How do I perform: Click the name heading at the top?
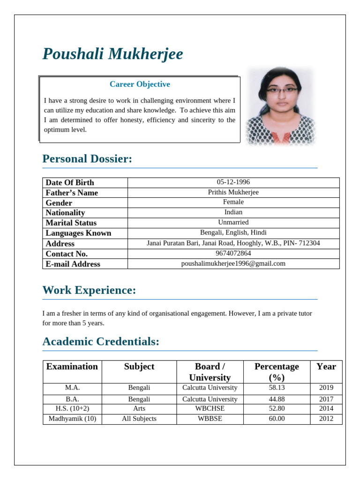(x=112, y=54)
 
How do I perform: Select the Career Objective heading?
(x=140, y=84)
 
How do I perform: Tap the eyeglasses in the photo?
(x=281, y=89)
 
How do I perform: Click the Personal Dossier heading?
(x=87, y=159)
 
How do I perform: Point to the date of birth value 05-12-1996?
(x=233, y=182)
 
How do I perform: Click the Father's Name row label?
(x=72, y=193)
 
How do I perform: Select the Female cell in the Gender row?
(x=233, y=202)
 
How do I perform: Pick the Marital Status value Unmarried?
(x=233, y=222)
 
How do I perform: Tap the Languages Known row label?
(x=78, y=233)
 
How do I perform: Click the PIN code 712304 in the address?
(x=309, y=243)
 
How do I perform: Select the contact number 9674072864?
(x=233, y=254)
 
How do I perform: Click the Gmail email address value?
(x=233, y=263)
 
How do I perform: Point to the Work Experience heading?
(x=89, y=291)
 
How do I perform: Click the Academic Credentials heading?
(x=101, y=342)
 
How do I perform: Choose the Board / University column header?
(x=210, y=372)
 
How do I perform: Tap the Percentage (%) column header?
(x=277, y=372)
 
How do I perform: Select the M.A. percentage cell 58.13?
(x=277, y=388)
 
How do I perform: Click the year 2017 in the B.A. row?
(x=326, y=399)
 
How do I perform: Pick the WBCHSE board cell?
(x=210, y=408)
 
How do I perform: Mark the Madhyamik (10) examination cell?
(x=72, y=419)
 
